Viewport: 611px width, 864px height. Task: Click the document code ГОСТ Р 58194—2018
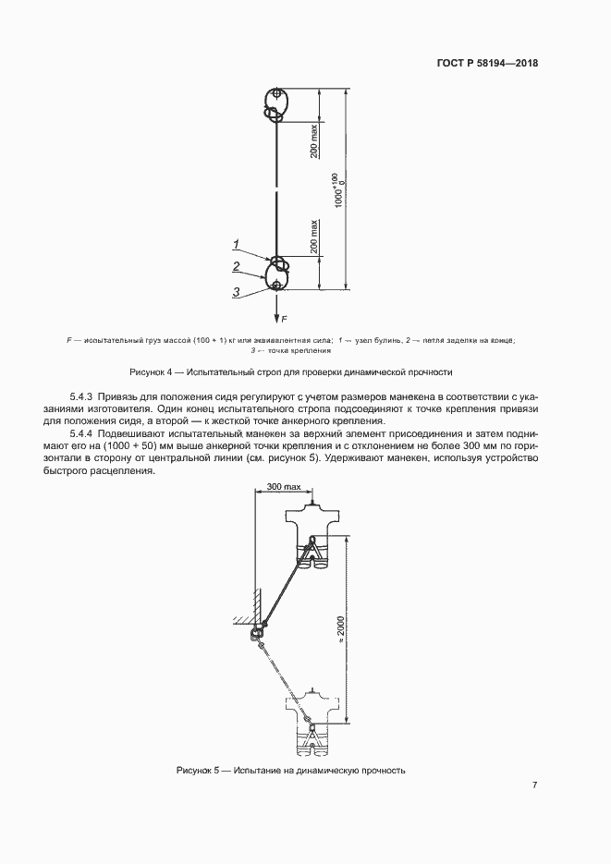click(x=487, y=63)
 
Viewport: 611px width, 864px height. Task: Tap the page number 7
click(x=534, y=785)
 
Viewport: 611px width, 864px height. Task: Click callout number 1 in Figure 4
click(x=236, y=244)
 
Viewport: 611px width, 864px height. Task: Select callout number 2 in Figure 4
click(x=236, y=267)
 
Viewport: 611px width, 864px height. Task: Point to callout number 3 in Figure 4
click(x=236, y=292)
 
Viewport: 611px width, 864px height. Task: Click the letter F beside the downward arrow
click(x=285, y=319)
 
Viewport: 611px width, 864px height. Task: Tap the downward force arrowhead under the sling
click(x=275, y=317)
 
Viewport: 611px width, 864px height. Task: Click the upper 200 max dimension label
click(x=313, y=141)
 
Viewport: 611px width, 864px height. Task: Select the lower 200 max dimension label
click(x=313, y=237)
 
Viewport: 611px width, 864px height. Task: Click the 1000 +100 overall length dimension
click(x=340, y=190)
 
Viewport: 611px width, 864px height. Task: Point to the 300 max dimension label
click(x=284, y=487)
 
